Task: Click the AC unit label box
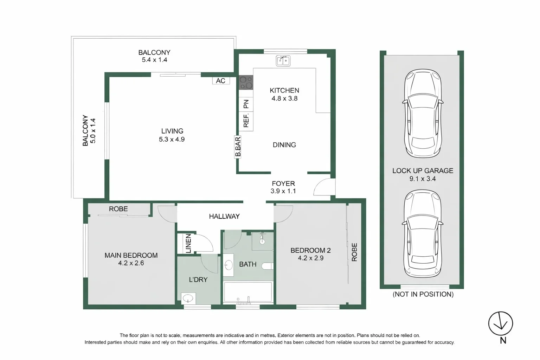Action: point(221,81)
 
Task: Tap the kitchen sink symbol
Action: point(283,60)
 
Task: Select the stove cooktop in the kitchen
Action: point(246,83)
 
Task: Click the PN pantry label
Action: point(246,104)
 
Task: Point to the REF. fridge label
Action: point(246,120)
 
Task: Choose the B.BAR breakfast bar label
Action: point(238,147)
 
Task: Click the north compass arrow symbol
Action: point(500,324)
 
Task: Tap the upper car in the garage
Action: point(422,113)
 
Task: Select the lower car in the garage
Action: point(422,234)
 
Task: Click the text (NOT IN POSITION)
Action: point(423,294)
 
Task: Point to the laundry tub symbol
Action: point(188,298)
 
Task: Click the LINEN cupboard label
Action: point(188,243)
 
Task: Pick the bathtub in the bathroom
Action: point(248,292)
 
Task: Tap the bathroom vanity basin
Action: point(229,264)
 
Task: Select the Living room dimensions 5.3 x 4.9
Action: point(172,139)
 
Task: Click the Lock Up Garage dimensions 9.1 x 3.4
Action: point(422,179)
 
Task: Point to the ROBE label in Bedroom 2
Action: point(354,252)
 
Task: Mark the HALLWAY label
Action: point(224,217)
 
